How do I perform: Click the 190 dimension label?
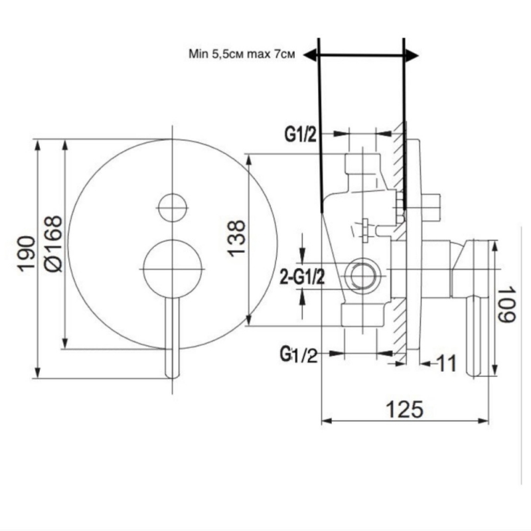tap(27, 254)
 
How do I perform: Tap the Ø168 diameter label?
tap(53, 244)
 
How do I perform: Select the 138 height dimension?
tap(236, 238)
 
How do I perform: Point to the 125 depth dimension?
tap(405, 409)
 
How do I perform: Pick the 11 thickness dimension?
tap(447, 363)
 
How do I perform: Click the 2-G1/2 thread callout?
tap(303, 277)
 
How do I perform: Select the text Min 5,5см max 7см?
tap(242, 54)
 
